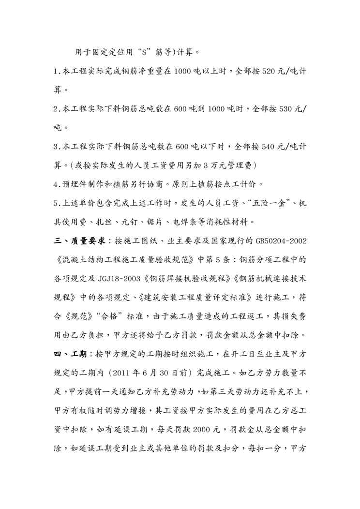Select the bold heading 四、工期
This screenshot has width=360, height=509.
[x=71, y=355]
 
